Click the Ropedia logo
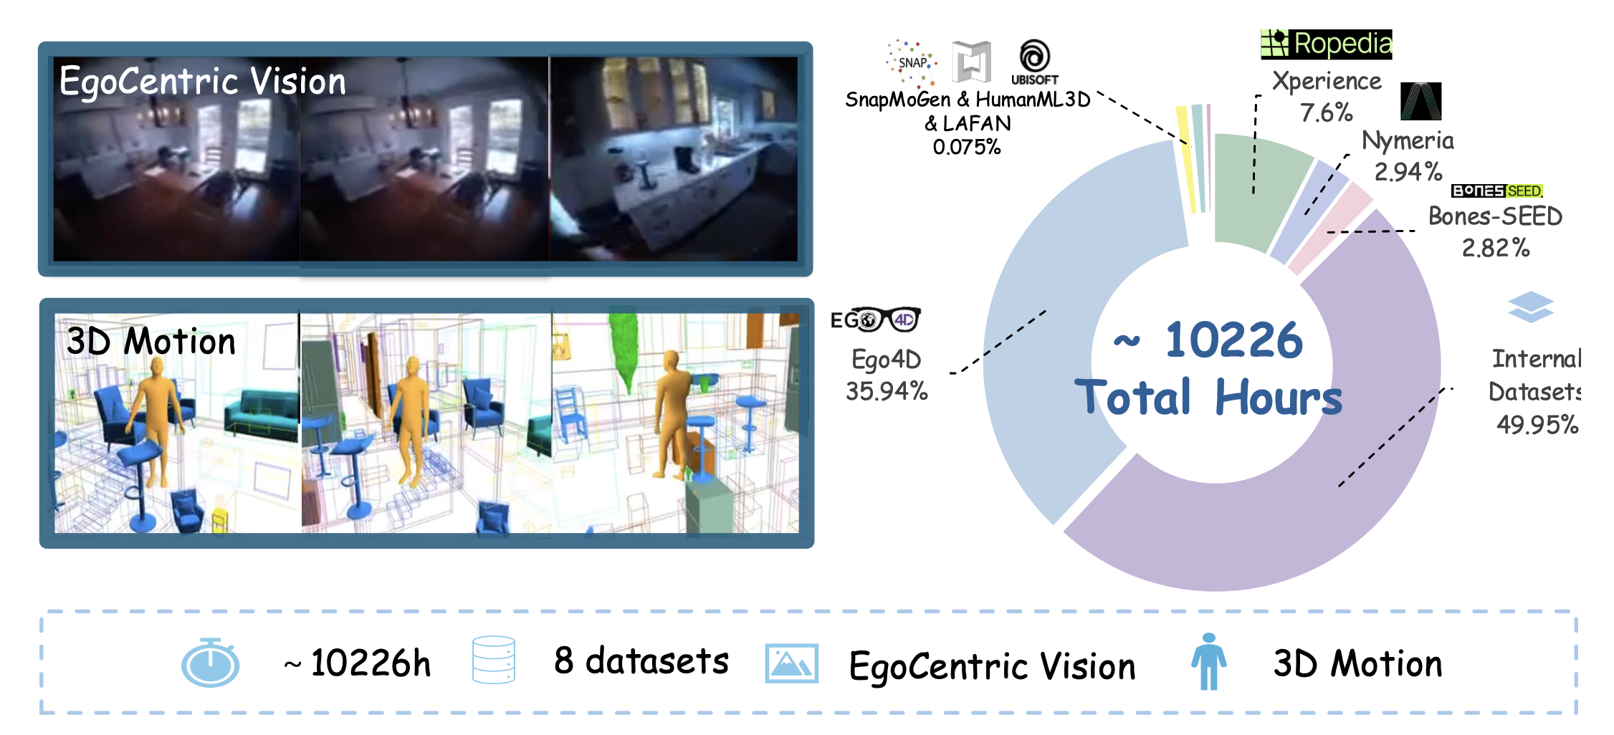[1326, 44]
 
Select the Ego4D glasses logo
[875, 320]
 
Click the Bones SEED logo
[1497, 191]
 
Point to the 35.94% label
[887, 391]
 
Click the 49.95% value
[1537, 425]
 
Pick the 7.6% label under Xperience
[1327, 112]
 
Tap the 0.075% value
[967, 147]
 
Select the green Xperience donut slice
[1257, 190]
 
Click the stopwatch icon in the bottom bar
[210, 663]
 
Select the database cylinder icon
[494, 660]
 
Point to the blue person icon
[1209, 661]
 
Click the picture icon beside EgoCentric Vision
[792, 663]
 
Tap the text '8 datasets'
[641, 660]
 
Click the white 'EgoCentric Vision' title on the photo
[203, 80]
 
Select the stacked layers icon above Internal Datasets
[1531, 307]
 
